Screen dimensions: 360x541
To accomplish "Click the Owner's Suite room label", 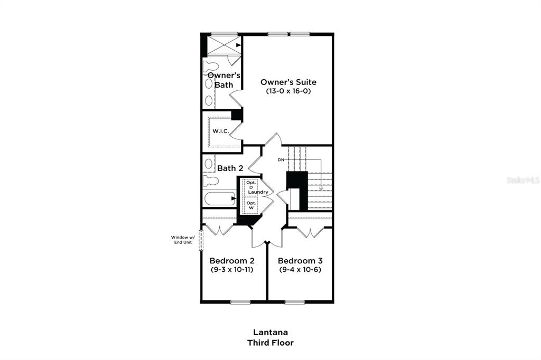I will pyautogui.click(x=288, y=82).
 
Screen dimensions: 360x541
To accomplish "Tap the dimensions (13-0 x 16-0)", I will pyautogui.click(x=288, y=91).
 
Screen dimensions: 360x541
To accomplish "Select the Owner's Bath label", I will pyautogui.click(x=224, y=80).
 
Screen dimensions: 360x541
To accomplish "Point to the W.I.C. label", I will pyautogui.click(x=220, y=131).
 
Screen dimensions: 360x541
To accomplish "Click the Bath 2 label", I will pyautogui.click(x=230, y=168).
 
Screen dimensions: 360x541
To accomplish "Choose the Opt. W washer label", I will pyautogui.click(x=251, y=205).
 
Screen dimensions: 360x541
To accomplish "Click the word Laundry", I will pyautogui.click(x=258, y=192).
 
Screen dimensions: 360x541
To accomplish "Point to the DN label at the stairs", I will pyautogui.click(x=282, y=160).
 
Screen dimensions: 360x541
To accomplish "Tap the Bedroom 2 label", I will pyautogui.click(x=232, y=261).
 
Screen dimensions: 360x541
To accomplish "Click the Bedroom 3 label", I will pyautogui.click(x=300, y=261).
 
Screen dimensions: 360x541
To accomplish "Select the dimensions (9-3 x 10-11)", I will pyautogui.click(x=232, y=270).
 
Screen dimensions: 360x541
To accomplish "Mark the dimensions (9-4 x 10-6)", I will pyautogui.click(x=300, y=270).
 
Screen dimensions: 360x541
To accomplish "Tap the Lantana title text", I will pyautogui.click(x=270, y=333).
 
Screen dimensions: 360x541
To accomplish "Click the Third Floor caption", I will pyautogui.click(x=270, y=343).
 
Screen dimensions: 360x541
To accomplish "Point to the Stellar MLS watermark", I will pyautogui.click(x=523, y=180).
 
